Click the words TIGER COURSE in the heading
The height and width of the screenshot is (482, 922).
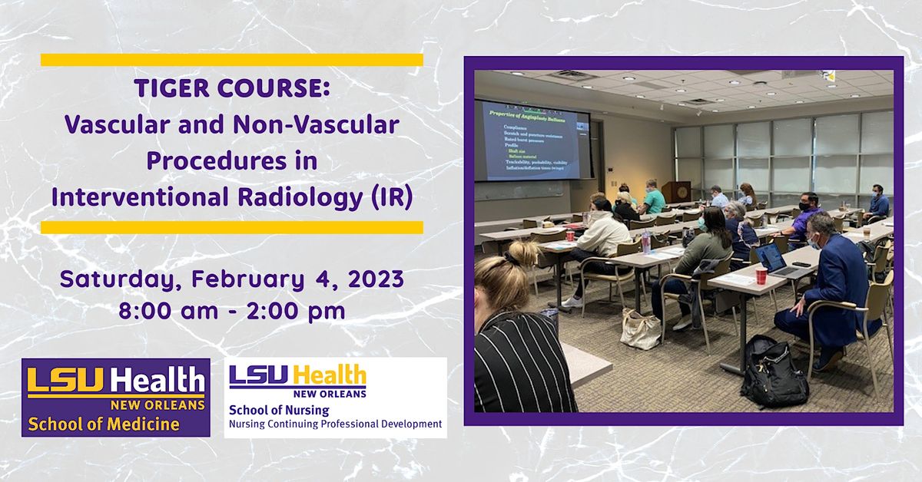(x=232, y=89)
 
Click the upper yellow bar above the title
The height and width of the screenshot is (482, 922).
(x=231, y=60)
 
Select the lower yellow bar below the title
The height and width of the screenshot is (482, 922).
(x=231, y=227)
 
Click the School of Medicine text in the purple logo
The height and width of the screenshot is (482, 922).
(x=104, y=423)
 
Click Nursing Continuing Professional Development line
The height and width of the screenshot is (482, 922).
(x=335, y=424)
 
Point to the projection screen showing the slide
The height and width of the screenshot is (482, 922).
(x=532, y=140)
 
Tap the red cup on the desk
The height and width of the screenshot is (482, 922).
(x=761, y=275)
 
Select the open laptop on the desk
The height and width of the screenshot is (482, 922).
(x=772, y=259)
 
